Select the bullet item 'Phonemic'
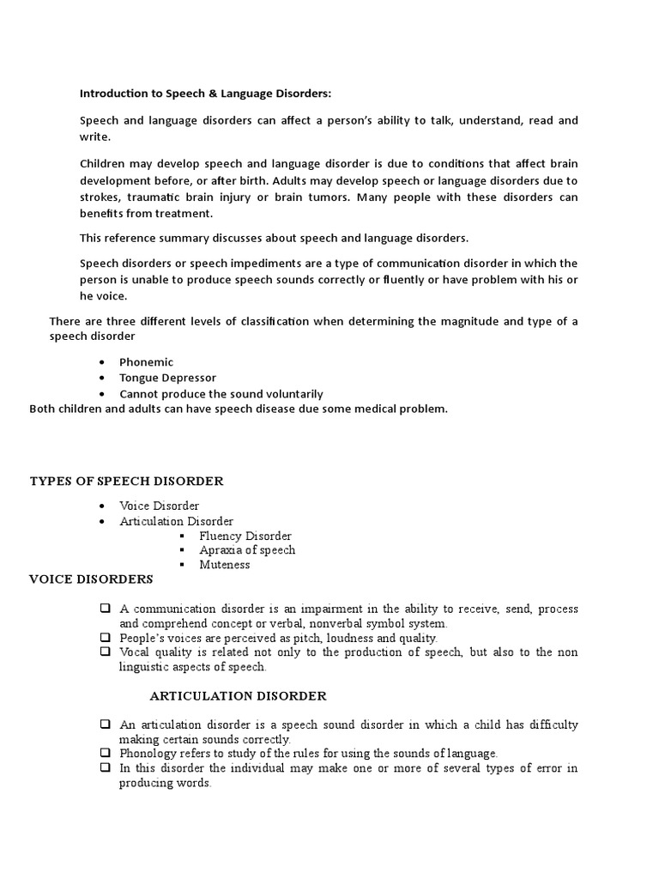coord(146,362)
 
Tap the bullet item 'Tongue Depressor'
coord(167,378)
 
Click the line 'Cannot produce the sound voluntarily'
coord(221,394)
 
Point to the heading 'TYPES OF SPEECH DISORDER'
coord(126,481)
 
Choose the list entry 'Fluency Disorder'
coord(245,536)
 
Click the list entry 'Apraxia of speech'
coord(247,550)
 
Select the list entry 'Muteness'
coord(225,565)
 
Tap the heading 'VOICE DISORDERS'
coord(91,579)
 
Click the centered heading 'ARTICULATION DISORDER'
coord(238,696)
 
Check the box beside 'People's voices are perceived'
coord(105,638)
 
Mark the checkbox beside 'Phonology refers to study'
coord(105,753)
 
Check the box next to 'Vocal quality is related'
coord(105,652)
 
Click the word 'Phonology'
coord(147,753)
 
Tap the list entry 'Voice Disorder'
coord(160,506)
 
